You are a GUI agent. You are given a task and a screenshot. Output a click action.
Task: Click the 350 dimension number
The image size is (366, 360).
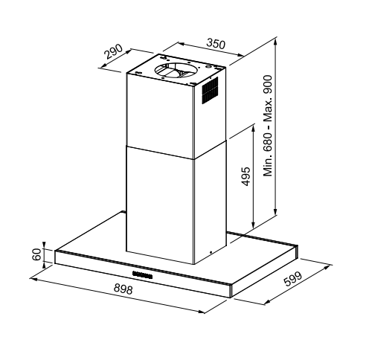[216, 44]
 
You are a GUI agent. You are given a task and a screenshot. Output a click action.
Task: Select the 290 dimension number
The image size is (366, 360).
[113, 51]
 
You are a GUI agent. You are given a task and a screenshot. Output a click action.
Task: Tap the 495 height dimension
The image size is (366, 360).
[246, 176]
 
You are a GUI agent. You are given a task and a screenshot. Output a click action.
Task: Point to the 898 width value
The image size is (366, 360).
[123, 289]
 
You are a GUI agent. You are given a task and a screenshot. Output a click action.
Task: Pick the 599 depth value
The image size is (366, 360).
[293, 279]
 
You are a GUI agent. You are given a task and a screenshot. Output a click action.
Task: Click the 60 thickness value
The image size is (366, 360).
[36, 254]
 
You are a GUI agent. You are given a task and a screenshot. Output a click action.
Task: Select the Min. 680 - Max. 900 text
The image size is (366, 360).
[268, 126]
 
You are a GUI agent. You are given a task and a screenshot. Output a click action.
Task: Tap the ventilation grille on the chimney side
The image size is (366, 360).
[210, 90]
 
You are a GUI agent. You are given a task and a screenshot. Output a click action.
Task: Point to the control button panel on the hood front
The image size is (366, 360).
[142, 275]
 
